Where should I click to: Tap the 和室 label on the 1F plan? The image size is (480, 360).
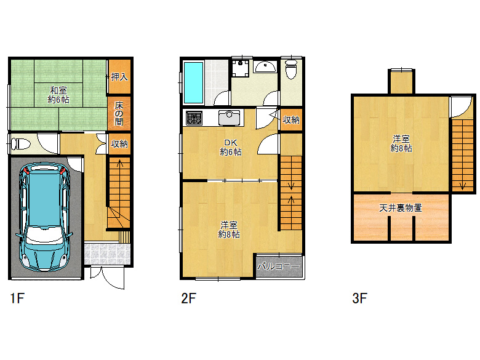coord(58,94)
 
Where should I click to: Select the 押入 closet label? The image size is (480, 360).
coord(119,77)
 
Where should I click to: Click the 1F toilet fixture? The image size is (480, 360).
coord(21,145)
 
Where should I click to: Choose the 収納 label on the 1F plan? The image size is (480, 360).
coord(119,145)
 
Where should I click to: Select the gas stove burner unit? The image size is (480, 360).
coord(194,118)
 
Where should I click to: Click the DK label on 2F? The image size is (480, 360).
coord(231,147)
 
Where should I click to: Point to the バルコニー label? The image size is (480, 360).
coord(279,267)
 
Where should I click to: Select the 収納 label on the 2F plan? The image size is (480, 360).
coord(292,119)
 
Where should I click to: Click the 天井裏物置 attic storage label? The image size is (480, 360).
coord(401,208)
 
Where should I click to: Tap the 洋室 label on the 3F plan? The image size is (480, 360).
coord(401,143)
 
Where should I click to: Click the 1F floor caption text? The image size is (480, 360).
coord(17,299)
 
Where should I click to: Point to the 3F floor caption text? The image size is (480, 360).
coord(359,299)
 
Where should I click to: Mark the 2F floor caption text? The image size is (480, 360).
coord(188,299)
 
